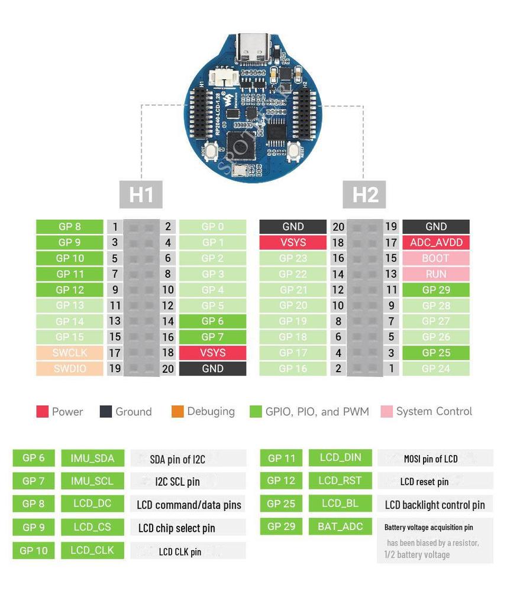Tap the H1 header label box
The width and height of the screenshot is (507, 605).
[141, 194]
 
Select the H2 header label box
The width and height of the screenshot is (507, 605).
[365, 194]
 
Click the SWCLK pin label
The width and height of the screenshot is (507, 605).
[70, 353]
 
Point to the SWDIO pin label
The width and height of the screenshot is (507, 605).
[70, 369]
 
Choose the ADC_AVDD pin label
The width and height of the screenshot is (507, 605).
[436, 242]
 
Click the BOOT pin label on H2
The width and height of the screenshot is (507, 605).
[436, 258]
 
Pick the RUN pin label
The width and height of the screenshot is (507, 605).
[436, 274]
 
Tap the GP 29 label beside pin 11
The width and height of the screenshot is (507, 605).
[436, 290]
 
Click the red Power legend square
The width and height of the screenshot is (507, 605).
[42, 412]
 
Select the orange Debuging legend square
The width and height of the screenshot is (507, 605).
[177, 412]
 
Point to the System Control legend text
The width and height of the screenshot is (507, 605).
[434, 412]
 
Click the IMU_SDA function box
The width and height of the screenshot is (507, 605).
[92, 458]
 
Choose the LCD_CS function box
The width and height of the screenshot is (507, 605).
[92, 527]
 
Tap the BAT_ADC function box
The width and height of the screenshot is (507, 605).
[340, 526]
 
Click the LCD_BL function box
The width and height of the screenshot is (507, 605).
[340, 503]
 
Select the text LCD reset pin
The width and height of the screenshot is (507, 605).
[424, 482]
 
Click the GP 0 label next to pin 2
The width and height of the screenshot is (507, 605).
[212, 226]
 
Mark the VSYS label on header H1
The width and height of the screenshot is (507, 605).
[212, 353]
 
